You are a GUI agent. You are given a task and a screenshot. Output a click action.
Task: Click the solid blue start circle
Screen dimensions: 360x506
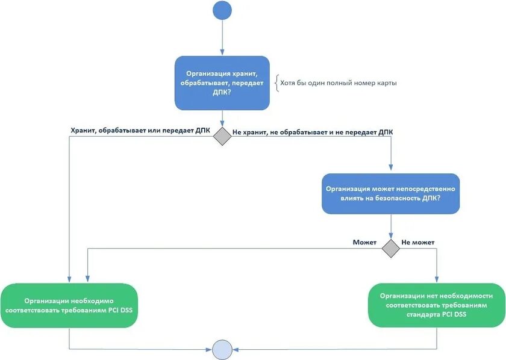click(222, 10)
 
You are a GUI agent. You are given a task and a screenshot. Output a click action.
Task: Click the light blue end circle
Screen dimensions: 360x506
click(222, 349)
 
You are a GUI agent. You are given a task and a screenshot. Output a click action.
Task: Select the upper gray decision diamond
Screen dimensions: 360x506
click(222, 136)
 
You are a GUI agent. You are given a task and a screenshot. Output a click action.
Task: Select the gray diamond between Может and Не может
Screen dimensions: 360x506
click(391, 248)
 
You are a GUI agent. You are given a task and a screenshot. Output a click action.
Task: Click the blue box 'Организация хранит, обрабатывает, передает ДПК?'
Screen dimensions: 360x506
click(222, 82)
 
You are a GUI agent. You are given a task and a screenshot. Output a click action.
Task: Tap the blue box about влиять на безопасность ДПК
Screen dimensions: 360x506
click(390, 194)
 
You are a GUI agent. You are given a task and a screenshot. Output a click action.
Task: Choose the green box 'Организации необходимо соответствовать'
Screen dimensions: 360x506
click(69, 305)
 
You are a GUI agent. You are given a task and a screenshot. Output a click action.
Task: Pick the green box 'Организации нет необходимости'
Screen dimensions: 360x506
click(436, 305)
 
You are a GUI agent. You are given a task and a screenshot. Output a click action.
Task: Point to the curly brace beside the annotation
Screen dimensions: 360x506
click(276, 82)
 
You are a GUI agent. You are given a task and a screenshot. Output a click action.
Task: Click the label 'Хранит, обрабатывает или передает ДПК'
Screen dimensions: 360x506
click(140, 130)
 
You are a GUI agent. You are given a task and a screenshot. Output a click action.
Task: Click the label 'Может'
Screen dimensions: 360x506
click(364, 242)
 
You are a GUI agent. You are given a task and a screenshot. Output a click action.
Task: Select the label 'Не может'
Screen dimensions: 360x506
click(417, 242)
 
